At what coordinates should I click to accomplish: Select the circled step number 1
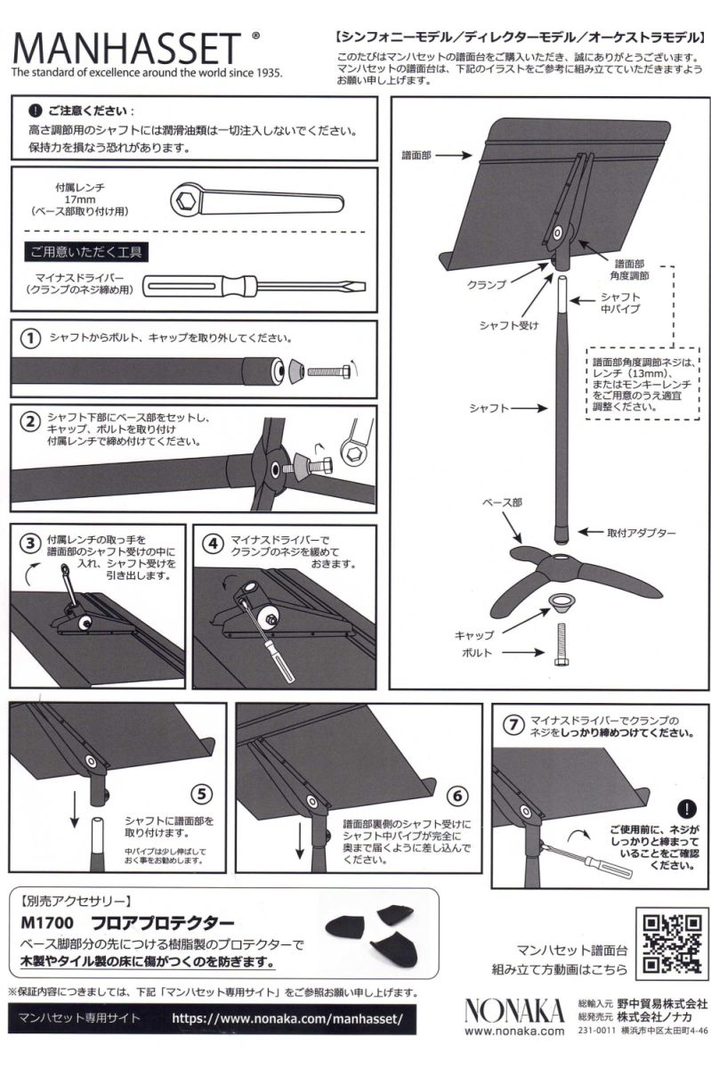click(x=30, y=339)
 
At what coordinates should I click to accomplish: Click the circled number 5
click(x=202, y=792)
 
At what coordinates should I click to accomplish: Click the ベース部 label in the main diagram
click(x=503, y=503)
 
